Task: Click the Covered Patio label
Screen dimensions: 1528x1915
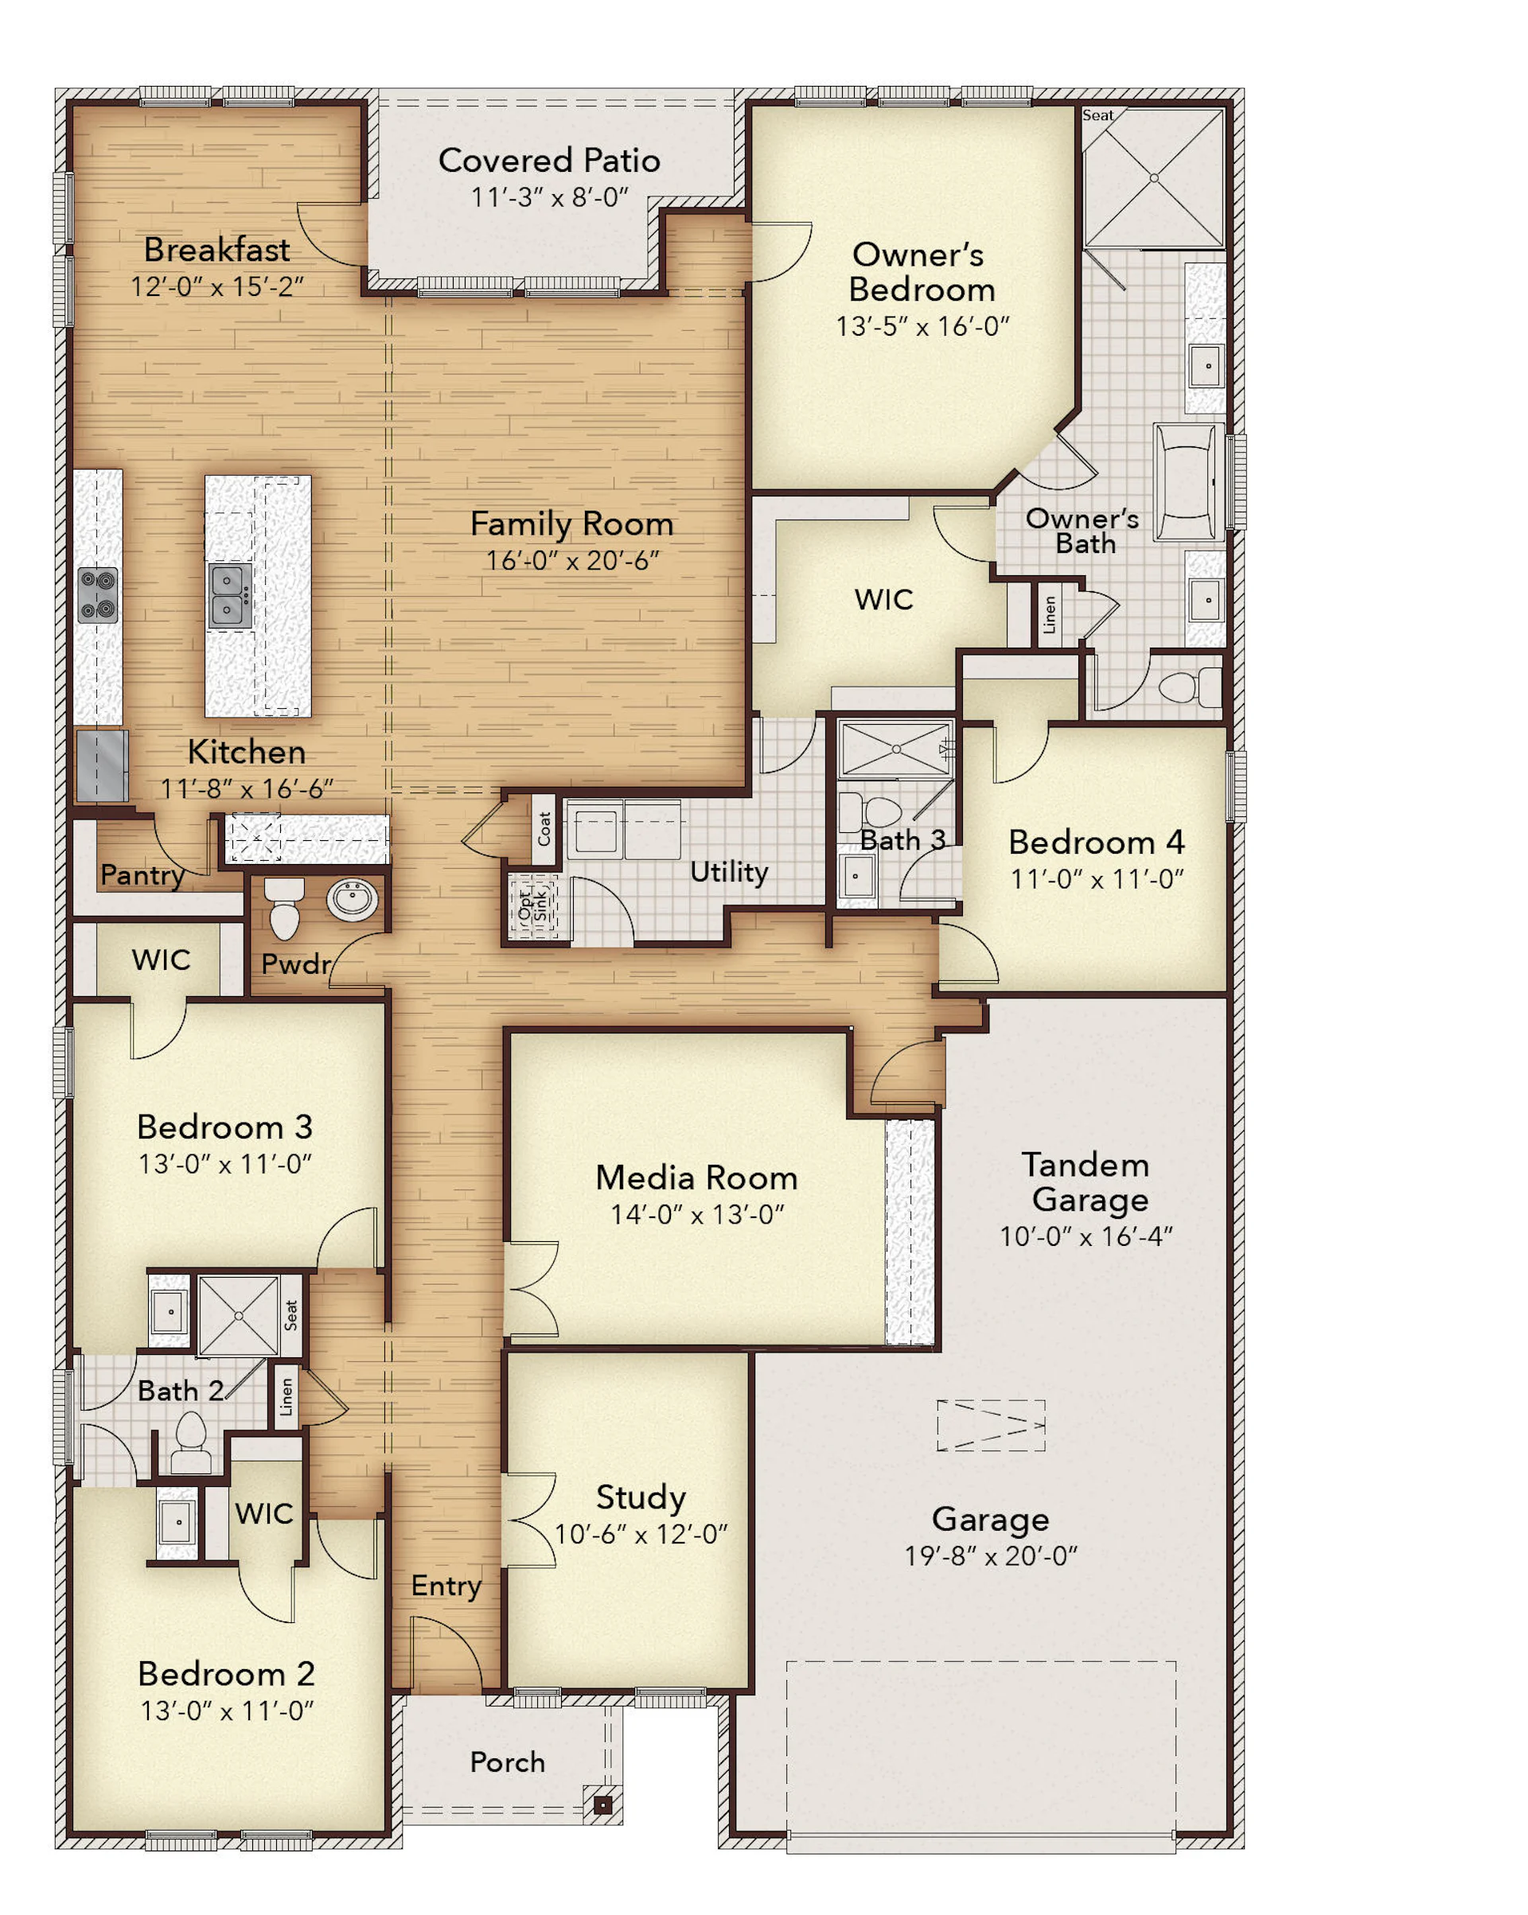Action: click(549, 161)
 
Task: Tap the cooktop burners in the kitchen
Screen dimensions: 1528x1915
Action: click(98, 595)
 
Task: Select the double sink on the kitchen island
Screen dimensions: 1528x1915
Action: click(229, 595)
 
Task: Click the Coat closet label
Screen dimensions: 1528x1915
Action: click(544, 829)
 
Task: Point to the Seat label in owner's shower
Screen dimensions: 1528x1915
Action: click(1097, 115)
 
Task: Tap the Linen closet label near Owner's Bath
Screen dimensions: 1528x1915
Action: click(1049, 615)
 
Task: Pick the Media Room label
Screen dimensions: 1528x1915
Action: click(696, 1177)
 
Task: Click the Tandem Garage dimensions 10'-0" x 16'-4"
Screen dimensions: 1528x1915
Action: click(1086, 1236)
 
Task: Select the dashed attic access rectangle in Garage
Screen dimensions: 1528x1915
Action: click(991, 1426)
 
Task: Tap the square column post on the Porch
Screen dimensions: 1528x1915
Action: click(603, 1805)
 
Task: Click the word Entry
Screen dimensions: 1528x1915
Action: click(446, 1586)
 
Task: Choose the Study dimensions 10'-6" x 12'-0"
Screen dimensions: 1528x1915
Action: click(641, 1535)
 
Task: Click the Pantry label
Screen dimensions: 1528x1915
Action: click(142, 876)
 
